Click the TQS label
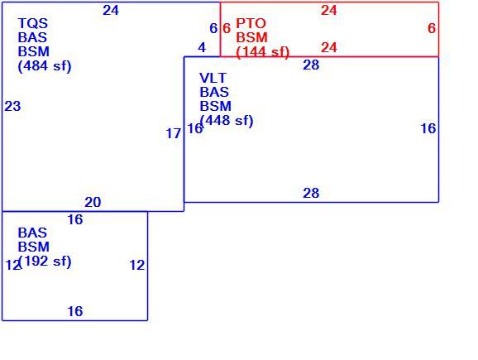click(x=33, y=23)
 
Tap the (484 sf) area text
click(x=45, y=66)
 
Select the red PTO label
click(x=251, y=23)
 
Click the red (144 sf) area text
click(x=262, y=52)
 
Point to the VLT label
click(x=213, y=78)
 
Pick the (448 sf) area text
click(x=227, y=121)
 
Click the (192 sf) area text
click(x=45, y=262)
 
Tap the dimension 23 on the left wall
click(x=12, y=107)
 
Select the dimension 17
click(x=174, y=133)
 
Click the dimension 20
click(x=93, y=202)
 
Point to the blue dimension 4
click(x=202, y=48)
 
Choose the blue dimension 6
click(x=213, y=29)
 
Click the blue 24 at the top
click(x=111, y=11)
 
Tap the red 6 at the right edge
click(x=432, y=28)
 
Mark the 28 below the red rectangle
click(x=311, y=65)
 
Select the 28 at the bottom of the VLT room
click(x=311, y=193)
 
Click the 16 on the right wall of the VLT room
click(x=428, y=129)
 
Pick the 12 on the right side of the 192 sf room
click(x=137, y=266)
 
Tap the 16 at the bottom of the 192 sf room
click(x=75, y=311)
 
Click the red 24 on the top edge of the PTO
click(x=329, y=11)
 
